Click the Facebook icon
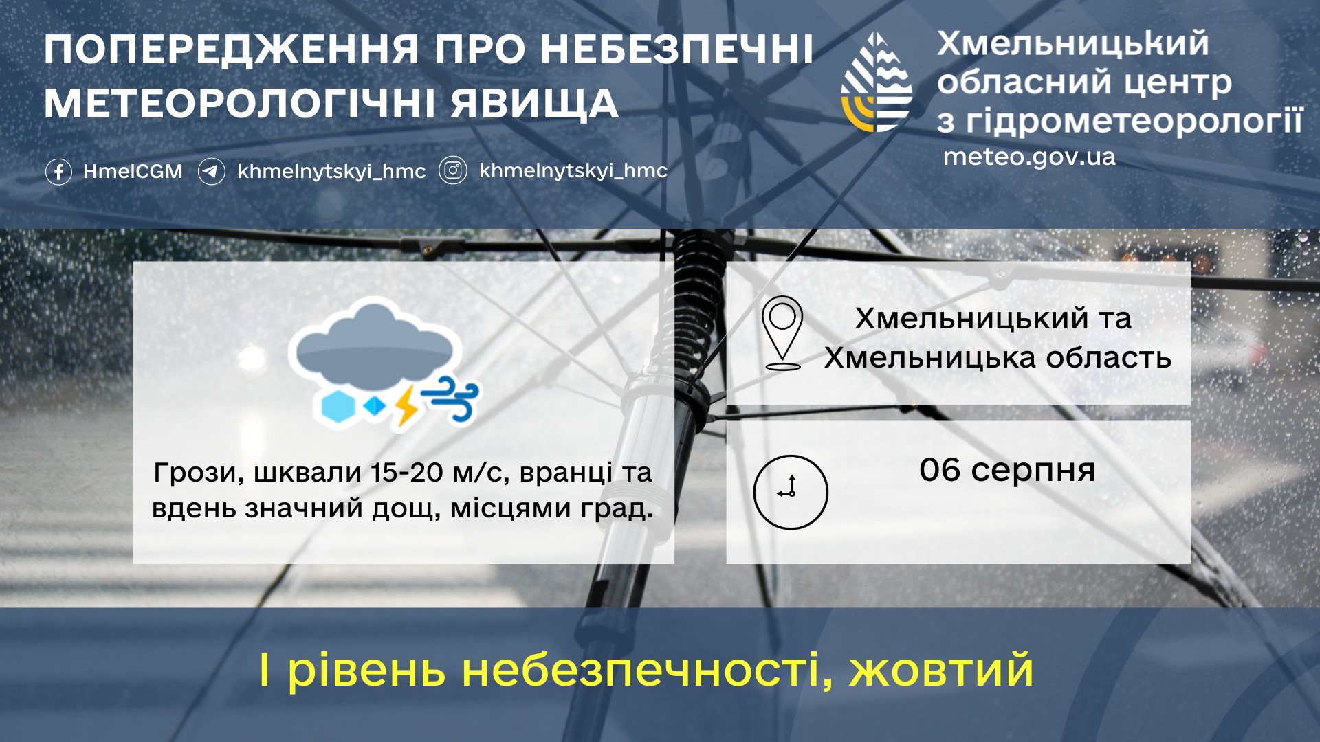pyautogui.click(x=58, y=171)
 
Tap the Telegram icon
pyautogui.click(x=212, y=171)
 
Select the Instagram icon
pyautogui.click(x=453, y=170)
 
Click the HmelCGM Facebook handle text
pyautogui.click(x=133, y=171)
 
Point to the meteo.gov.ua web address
pyautogui.click(x=1029, y=157)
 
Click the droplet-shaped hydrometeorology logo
pyautogui.click(x=877, y=82)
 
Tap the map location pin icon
pyautogui.click(x=782, y=333)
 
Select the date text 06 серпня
pyautogui.click(x=1007, y=471)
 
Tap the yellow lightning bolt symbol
pyautogui.click(x=406, y=407)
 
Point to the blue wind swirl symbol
pyautogui.click(x=450, y=398)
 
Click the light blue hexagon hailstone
pyautogui.click(x=338, y=407)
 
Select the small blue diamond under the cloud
pyautogui.click(x=375, y=407)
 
